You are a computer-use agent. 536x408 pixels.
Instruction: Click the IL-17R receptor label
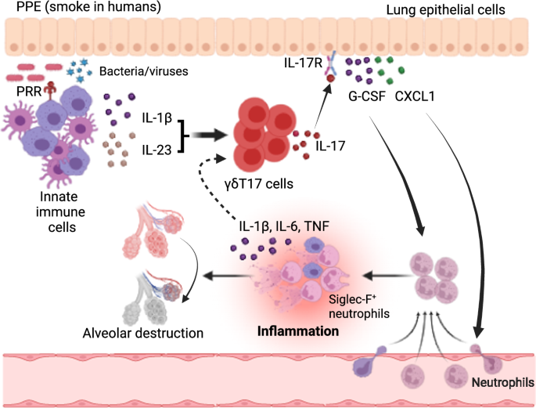303,63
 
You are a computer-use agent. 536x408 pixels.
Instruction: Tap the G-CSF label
367,96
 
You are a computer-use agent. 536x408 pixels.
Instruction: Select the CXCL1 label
415,96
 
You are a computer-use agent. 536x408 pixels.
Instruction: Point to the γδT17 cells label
259,184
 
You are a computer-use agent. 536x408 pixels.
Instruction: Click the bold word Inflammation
298,331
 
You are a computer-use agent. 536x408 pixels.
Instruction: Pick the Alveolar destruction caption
143,333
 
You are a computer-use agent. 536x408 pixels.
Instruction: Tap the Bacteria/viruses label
143,71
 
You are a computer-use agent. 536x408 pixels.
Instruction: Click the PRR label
29,92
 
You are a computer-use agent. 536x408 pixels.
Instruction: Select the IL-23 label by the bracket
157,150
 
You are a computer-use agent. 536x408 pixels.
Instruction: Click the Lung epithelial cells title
445,10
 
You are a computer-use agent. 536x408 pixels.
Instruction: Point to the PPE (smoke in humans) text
88,7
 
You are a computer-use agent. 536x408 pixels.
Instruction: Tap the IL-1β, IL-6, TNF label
284,226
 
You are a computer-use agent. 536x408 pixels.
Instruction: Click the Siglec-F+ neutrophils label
359,306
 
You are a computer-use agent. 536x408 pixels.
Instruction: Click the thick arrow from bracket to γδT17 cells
209,135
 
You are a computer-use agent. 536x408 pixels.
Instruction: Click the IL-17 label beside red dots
330,146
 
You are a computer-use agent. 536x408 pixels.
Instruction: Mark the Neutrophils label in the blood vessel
503,382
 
